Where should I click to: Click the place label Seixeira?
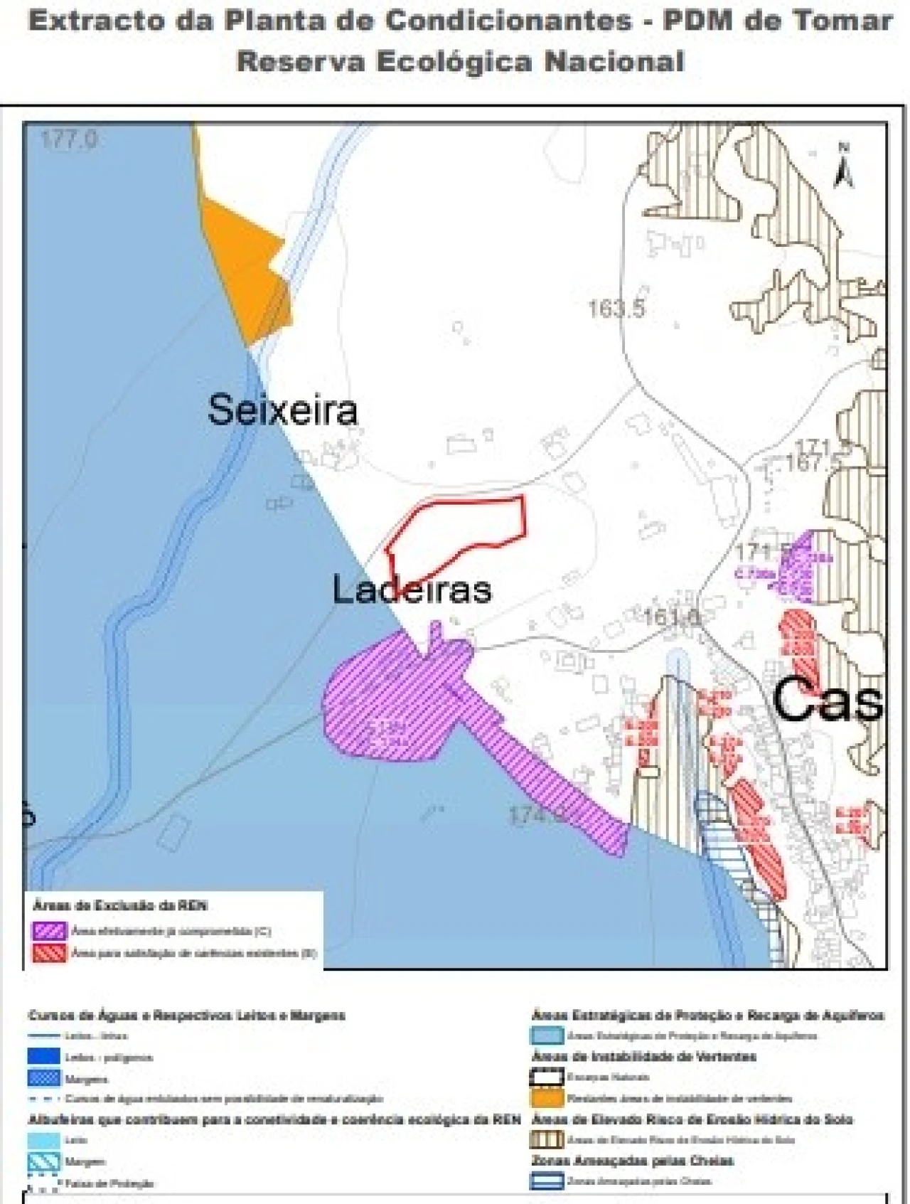pyautogui.click(x=282, y=410)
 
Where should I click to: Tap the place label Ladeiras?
pyautogui.click(x=412, y=590)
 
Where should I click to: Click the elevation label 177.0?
pyautogui.click(x=68, y=139)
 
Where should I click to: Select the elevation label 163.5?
pyautogui.click(x=616, y=309)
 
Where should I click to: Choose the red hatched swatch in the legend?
pyautogui.click(x=49, y=953)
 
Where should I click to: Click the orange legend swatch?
pyautogui.click(x=547, y=1098)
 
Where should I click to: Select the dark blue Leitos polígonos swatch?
pyautogui.click(x=43, y=1057)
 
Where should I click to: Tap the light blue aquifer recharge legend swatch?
pyautogui.click(x=547, y=1035)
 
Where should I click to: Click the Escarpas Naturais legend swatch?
pyautogui.click(x=547, y=1077)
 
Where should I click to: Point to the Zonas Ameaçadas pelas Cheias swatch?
pyautogui.click(x=547, y=1181)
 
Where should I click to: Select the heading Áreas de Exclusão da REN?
pyautogui.click(x=119, y=905)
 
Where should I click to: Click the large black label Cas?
pyautogui.click(x=827, y=699)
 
